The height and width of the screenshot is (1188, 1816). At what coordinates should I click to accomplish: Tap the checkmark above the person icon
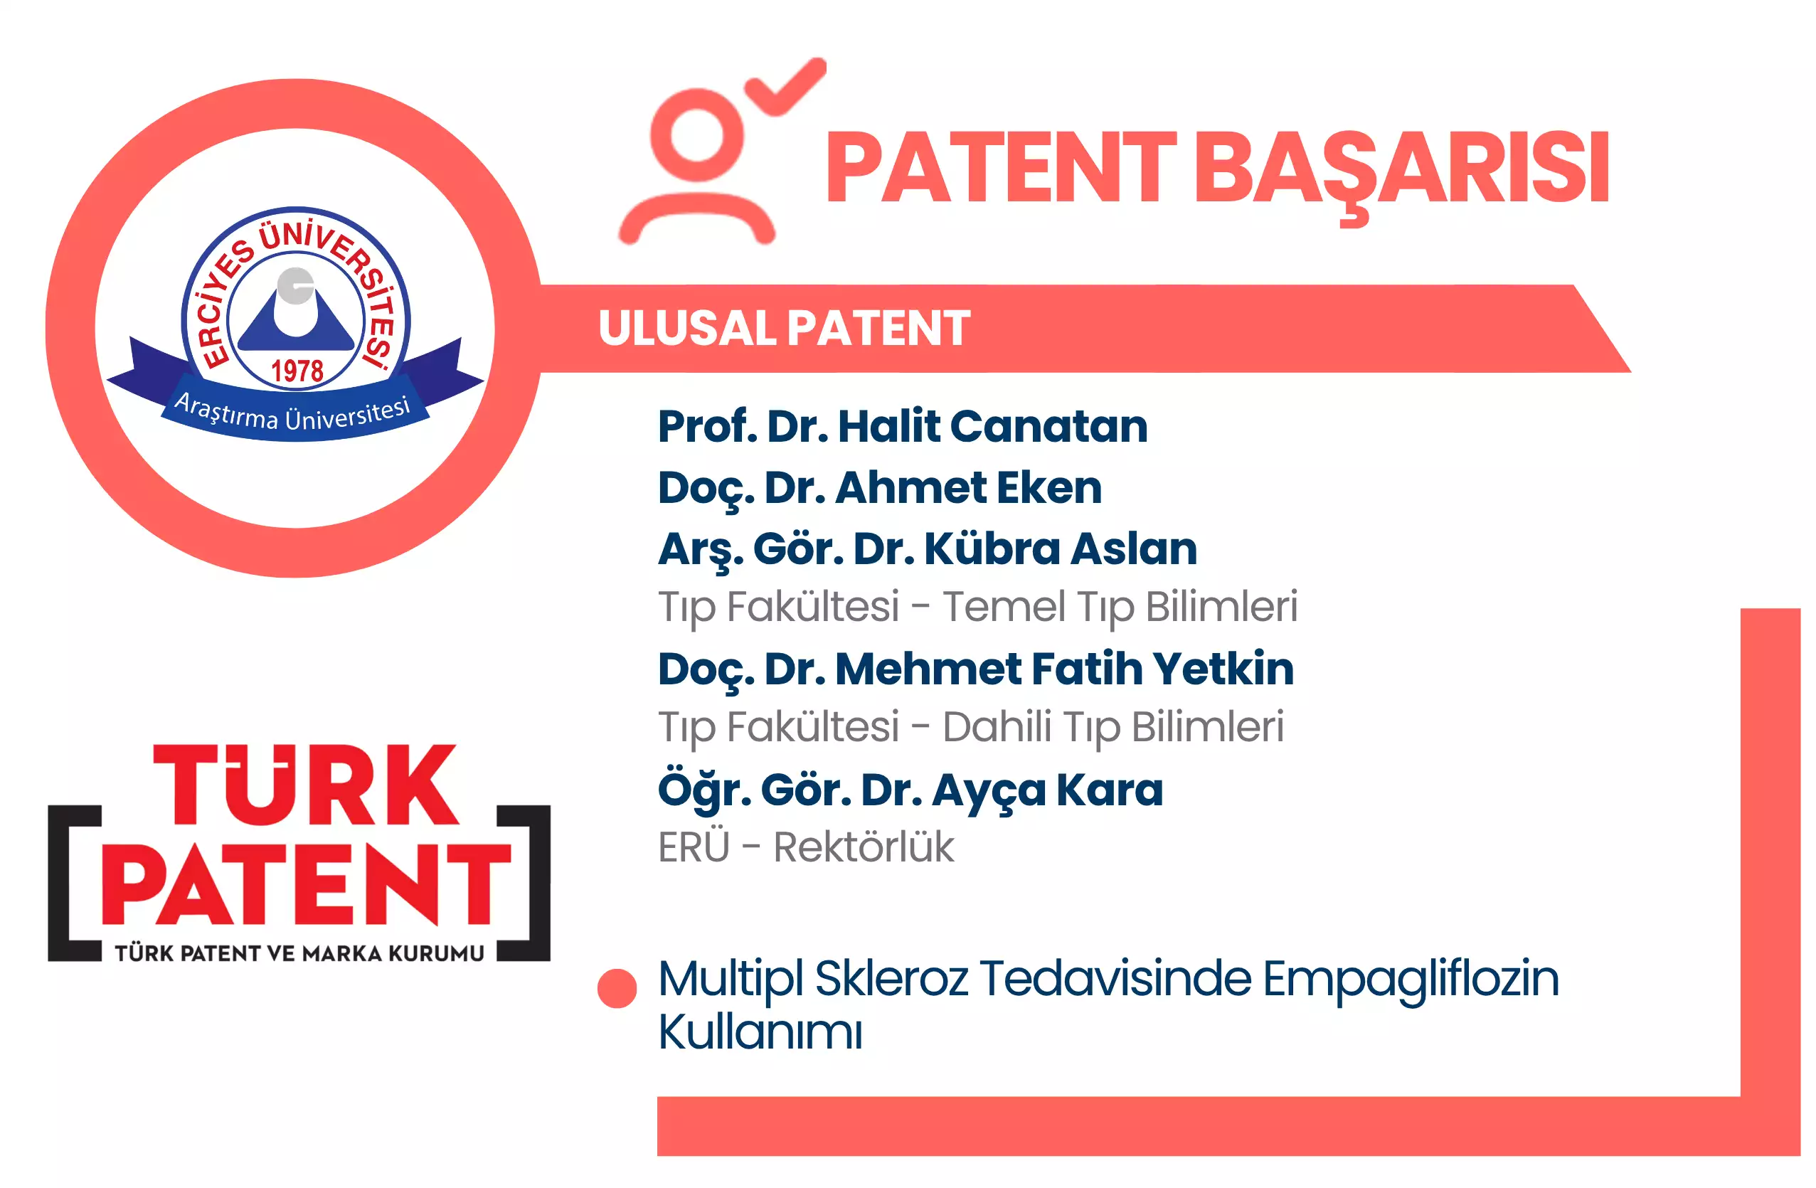[x=787, y=87]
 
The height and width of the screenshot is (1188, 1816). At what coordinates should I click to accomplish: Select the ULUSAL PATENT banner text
[x=784, y=328]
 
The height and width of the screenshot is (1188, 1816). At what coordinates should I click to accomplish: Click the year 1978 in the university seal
[x=297, y=371]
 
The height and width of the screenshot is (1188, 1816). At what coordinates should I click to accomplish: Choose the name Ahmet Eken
[x=968, y=487]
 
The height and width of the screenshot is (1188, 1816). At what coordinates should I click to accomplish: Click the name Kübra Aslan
[x=1061, y=548]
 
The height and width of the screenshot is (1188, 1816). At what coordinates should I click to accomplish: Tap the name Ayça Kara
[x=1048, y=790]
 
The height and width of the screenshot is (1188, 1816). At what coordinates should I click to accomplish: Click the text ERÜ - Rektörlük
[x=806, y=847]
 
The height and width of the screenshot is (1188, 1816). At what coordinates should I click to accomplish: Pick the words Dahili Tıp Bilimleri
[x=1113, y=728]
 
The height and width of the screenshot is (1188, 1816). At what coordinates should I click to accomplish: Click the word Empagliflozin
[x=1411, y=980]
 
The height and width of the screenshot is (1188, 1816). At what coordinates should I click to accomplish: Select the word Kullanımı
[x=760, y=1031]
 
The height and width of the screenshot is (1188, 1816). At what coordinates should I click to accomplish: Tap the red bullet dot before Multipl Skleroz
[x=617, y=988]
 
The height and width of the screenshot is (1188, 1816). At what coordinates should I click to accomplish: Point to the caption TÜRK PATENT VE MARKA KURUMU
[x=299, y=953]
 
